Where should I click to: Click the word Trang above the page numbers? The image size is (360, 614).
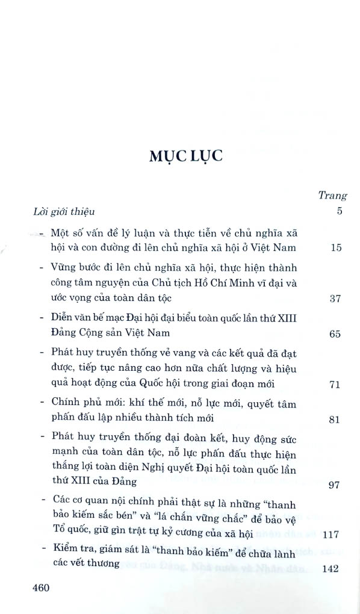[332, 195]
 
